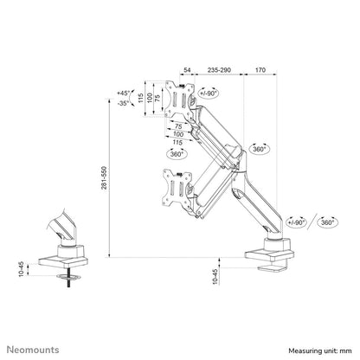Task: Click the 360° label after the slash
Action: pos(327,222)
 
